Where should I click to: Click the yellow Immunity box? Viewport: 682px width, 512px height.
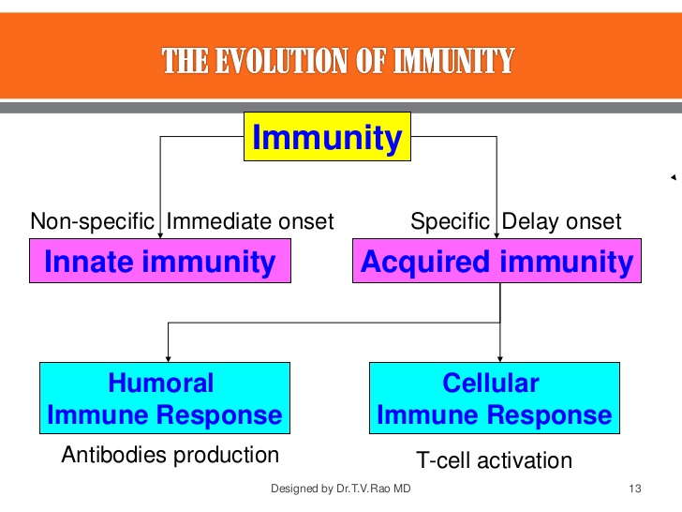pyautogui.click(x=327, y=137)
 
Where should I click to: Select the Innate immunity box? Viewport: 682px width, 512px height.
pyautogui.click(x=159, y=261)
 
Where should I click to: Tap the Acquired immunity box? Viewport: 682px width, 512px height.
pyautogui.click(x=497, y=261)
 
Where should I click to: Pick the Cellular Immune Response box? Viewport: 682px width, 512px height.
pyautogui.click(x=494, y=399)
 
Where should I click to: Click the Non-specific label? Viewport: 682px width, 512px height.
pyautogui.click(x=92, y=221)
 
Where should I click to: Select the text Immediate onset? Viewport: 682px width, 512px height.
pyautogui.click(x=250, y=221)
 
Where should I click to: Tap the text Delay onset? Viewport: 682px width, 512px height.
pyautogui.click(x=562, y=221)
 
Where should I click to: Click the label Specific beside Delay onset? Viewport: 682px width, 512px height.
pyautogui.click(x=450, y=221)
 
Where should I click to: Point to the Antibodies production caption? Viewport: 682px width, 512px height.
pyautogui.click(x=170, y=455)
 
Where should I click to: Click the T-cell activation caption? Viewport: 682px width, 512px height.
pyautogui.click(x=493, y=460)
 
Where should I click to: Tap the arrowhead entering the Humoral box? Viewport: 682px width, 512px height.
pyautogui.click(x=168, y=357)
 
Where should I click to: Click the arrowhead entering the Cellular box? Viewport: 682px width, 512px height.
pyautogui.click(x=499, y=357)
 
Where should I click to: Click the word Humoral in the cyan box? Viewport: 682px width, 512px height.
pyautogui.click(x=161, y=384)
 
